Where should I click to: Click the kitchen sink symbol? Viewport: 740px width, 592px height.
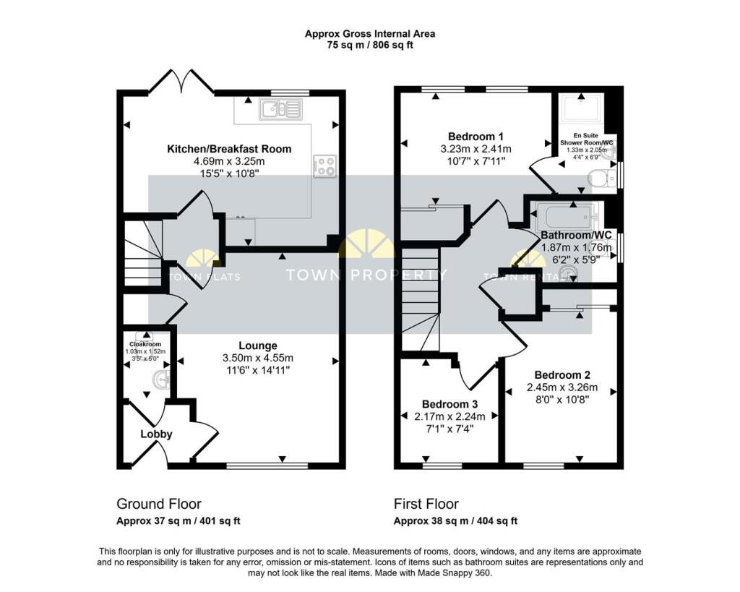[x=281, y=109]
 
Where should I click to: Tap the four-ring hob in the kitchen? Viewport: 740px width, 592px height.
[x=324, y=166]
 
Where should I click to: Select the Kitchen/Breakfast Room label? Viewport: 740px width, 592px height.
[x=229, y=149]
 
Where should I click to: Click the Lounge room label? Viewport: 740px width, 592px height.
[x=258, y=346]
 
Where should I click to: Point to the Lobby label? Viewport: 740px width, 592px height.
[x=156, y=434]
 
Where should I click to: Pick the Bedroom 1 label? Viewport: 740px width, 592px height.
[x=476, y=137]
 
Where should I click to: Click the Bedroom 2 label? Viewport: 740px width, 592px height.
[x=562, y=375]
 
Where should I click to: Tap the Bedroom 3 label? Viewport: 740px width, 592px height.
[x=449, y=404]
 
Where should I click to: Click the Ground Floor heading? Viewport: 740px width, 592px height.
[x=159, y=504]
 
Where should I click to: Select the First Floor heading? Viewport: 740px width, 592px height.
[x=426, y=504]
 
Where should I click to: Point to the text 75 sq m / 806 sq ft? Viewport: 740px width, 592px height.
[x=369, y=45]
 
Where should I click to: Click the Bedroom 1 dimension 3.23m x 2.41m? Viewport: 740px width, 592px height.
[x=476, y=149]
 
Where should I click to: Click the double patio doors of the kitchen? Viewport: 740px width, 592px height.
[x=181, y=82]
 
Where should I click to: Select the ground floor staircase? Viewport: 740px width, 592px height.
[x=142, y=253]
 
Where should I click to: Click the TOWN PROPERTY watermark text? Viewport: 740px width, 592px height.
[x=366, y=275]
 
